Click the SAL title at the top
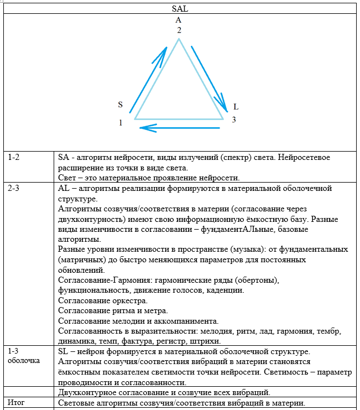click(179, 9)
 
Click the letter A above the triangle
click(179, 20)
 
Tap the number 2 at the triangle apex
click(179, 30)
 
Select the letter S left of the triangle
click(120, 104)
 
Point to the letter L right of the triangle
click(236, 106)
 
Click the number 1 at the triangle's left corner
click(121, 122)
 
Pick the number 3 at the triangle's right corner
click(233, 120)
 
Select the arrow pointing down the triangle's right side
click(209, 79)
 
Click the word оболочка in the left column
click(24, 362)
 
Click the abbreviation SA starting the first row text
click(64, 158)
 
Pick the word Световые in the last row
click(77, 403)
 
